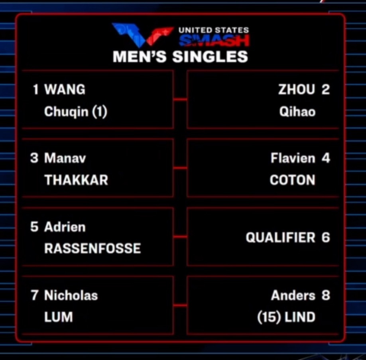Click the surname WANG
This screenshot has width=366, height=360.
[65, 89]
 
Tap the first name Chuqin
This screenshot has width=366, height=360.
[66, 111]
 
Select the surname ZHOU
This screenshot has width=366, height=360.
[297, 89]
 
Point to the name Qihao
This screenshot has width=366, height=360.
[297, 112]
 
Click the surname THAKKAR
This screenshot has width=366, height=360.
[76, 180]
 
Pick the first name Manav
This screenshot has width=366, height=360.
[65, 158]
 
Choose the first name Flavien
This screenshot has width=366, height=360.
[293, 158]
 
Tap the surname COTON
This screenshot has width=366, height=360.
[293, 180]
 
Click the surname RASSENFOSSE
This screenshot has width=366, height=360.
[92, 248]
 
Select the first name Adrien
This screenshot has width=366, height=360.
[65, 227]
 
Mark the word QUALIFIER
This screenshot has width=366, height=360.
[280, 238]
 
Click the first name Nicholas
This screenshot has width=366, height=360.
[71, 295]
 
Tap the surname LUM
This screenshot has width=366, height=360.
[58, 317]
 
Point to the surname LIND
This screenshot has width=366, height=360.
[300, 317]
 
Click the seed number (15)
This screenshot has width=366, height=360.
[269, 317]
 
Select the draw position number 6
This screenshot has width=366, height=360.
[326, 238]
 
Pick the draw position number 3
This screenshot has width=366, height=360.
[34, 158]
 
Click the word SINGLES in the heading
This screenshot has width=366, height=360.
[210, 57]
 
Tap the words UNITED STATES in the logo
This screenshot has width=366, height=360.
[214, 30]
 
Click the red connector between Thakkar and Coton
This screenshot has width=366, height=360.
[180, 168]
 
